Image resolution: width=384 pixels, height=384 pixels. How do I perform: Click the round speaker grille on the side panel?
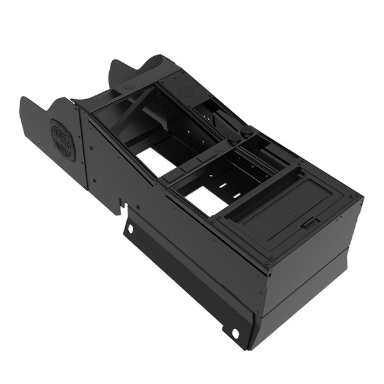coord(63,140)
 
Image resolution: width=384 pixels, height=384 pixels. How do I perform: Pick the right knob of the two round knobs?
coord(247,131)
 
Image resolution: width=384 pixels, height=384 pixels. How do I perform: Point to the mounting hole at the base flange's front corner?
coord(235,333)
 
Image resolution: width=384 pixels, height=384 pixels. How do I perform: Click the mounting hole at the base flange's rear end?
coord(130,228)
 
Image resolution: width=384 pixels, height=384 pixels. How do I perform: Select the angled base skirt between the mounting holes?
coord(183,278)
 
